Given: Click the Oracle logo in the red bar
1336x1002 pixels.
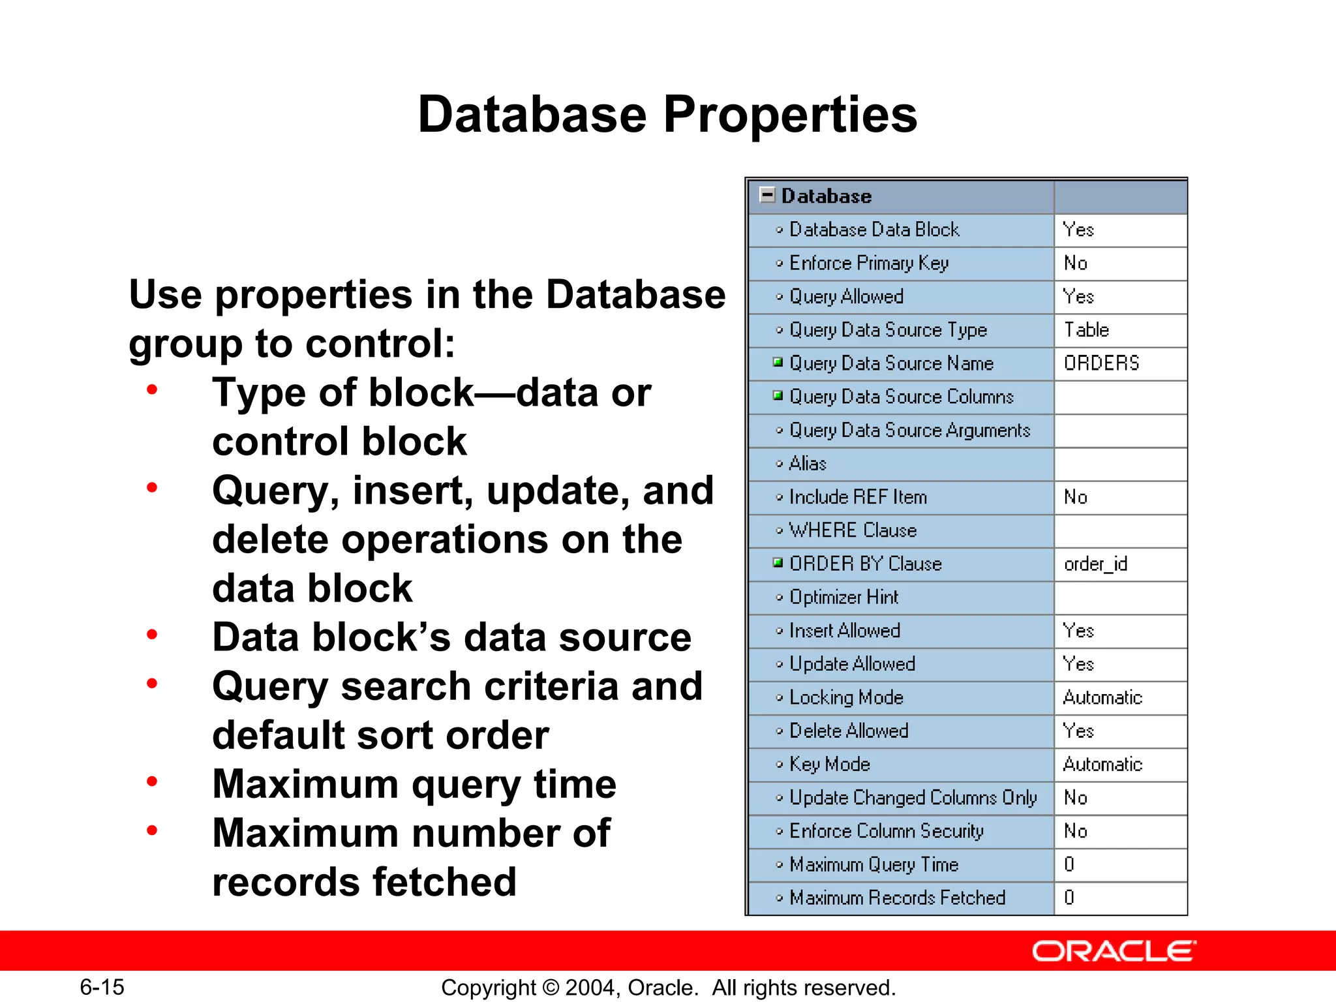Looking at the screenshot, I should point(1114,951).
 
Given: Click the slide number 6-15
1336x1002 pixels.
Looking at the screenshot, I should point(102,987).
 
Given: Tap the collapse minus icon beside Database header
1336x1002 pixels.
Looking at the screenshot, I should point(768,195).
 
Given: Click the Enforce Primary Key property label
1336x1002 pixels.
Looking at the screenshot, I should point(868,263).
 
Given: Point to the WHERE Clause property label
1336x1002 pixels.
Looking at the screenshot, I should point(853,530).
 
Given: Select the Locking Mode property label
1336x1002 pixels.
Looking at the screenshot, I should point(846,697).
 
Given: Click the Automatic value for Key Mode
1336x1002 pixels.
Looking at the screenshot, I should point(1102,764).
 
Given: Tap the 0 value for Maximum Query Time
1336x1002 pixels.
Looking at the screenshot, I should point(1069,864).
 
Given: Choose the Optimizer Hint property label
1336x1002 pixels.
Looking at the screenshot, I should point(843,597).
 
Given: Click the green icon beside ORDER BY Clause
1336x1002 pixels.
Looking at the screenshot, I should point(778,562).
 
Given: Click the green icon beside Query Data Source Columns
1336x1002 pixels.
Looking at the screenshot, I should point(778,395).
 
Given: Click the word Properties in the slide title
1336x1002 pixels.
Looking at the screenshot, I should point(790,115).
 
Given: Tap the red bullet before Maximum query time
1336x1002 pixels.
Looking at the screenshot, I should point(152,782).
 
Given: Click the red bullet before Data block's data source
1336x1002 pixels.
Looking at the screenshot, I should point(152,635).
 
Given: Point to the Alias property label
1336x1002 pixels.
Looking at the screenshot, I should point(808,464).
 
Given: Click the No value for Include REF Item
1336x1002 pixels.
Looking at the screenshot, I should point(1075,497).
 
